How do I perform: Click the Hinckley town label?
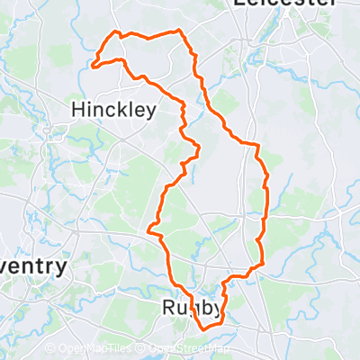[x=113, y=110]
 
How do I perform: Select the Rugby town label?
[x=192, y=309]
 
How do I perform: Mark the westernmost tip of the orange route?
[x=93, y=64]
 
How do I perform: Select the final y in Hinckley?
[x=151, y=112]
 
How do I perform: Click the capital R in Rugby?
[x=168, y=308]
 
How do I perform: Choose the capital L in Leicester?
[x=238, y=4]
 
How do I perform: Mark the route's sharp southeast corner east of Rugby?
[x=262, y=265]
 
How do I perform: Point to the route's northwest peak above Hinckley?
[x=115, y=33]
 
